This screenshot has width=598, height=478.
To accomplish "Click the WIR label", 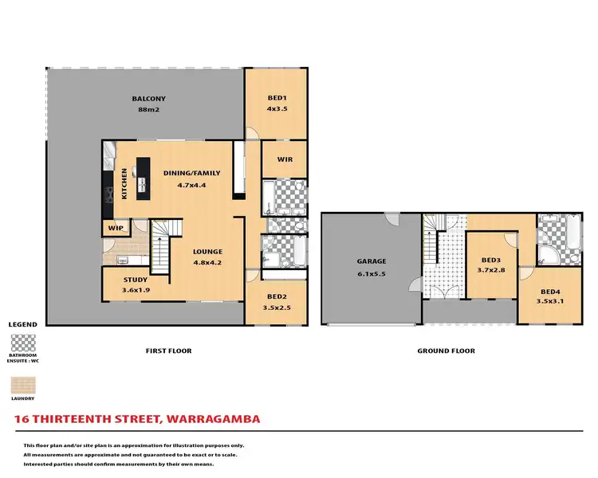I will (285, 159).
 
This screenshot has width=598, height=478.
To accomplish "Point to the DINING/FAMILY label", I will (191, 173).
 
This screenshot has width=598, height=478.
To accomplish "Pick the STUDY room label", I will (135, 280).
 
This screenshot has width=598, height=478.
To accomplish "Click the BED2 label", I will (277, 297).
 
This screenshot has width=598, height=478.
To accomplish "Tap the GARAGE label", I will (372, 261).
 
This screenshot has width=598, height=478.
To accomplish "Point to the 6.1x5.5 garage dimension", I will (372, 272).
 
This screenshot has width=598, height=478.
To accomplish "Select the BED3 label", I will (491, 261).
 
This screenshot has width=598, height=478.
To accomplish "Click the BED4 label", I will (549, 292).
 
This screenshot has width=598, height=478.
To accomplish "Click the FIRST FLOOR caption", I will (168, 351).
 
